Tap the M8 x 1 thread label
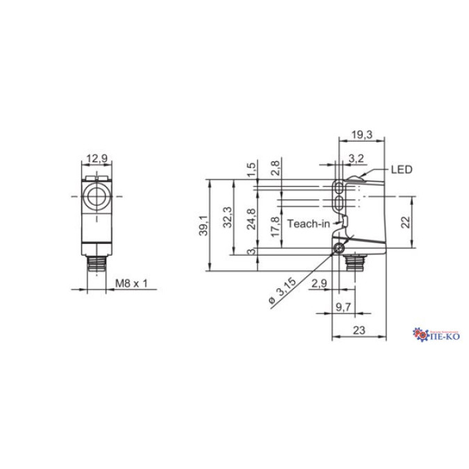point(132,283)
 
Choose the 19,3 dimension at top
point(361,133)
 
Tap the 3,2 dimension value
point(356,159)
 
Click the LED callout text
point(401,169)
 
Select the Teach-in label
point(304,224)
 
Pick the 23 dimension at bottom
point(359,331)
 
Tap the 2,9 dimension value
point(320,283)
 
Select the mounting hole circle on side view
point(338,249)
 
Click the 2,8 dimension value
point(275,167)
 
